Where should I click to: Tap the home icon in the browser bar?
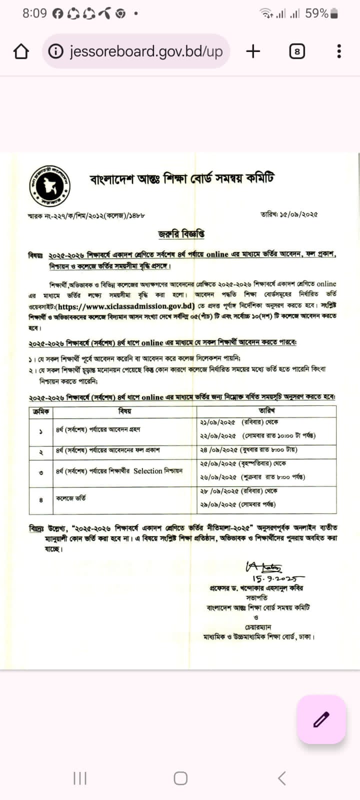(x=21, y=51)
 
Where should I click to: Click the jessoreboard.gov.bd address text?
(x=145, y=51)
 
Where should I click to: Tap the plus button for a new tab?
(x=253, y=51)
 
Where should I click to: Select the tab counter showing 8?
(x=296, y=51)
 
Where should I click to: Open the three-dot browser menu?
(x=339, y=51)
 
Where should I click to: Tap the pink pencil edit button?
(x=321, y=719)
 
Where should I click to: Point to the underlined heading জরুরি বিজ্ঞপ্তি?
(x=181, y=233)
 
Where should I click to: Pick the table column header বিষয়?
(x=124, y=410)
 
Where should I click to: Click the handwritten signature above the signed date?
(x=263, y=567)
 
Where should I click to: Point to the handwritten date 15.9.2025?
(x=277, y=578)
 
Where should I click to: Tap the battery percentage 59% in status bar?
(x=317, y=13)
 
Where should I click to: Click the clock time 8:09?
(x=34, y=13)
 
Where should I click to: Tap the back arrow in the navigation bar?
(x=281, y=778)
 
